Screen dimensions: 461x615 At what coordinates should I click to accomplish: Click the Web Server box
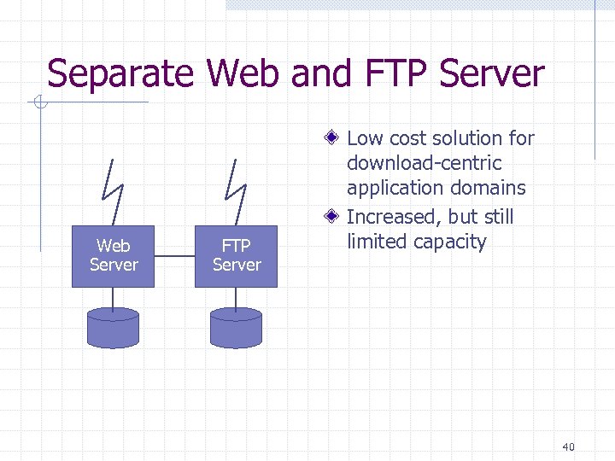point(113,256)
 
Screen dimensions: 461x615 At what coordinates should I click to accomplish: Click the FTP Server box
point(236,256)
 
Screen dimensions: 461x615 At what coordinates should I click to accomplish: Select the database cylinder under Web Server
point(113,328)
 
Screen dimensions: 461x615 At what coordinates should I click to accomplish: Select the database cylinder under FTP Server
point(236,328)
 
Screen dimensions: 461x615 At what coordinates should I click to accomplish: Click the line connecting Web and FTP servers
point(174,255)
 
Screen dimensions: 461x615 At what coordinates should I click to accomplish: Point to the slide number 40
point(569,446)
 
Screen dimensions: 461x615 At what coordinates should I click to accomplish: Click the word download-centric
point(424,163)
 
